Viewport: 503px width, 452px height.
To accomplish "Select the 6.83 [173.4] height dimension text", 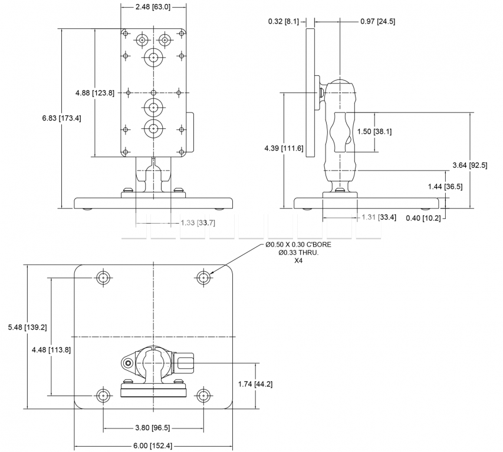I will [x=62, y=118].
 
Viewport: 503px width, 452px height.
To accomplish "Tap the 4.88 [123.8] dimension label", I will [x=95, y=92].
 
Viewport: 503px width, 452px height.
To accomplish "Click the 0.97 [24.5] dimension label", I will [x=377, y=22].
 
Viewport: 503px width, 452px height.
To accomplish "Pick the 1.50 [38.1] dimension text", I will [x=374, y=132].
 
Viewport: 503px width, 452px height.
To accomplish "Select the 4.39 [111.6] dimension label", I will [x=284, y=148].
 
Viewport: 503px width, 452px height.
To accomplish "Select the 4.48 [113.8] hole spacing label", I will [x=52, y=350].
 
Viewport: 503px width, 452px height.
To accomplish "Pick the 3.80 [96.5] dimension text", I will [x=153, y=428].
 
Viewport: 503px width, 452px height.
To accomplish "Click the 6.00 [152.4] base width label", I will [x=153, y=446].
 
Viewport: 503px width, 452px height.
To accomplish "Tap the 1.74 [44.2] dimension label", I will [x=255, y=384].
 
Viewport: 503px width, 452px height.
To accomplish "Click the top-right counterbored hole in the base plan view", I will [x=203, y=277].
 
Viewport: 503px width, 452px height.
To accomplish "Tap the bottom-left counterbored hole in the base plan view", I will [x=103, y=395].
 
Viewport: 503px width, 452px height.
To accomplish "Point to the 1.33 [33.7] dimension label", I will [x=198, y=223].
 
